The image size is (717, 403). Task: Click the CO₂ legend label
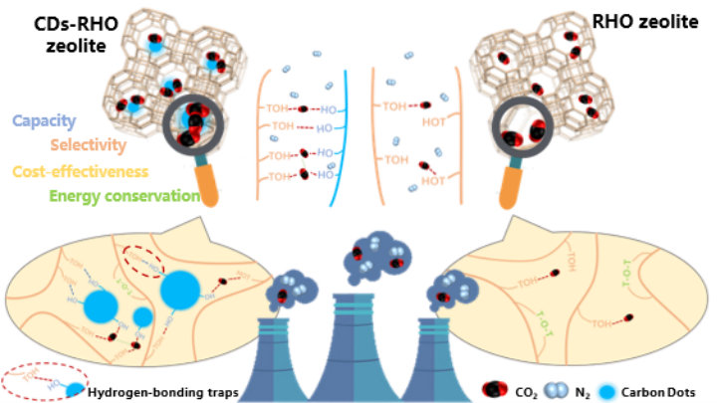click(528, 391)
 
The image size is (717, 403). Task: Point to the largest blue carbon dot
click(181, 290)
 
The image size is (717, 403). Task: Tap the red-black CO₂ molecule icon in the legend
click(494, 390)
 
